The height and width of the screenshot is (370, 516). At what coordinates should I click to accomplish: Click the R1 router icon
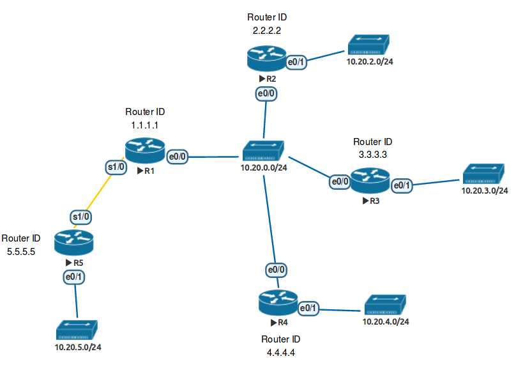pos(145,151)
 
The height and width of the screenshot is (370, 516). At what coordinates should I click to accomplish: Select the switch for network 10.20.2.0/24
pos(369,47)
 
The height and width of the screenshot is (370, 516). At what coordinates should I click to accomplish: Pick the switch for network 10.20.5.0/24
pos(77,330)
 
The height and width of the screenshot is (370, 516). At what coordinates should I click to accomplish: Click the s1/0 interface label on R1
pos(117,167)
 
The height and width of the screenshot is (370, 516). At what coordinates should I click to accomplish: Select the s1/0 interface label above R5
pos(80,217)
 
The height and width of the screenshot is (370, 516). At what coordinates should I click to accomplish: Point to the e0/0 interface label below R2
pos(266,94)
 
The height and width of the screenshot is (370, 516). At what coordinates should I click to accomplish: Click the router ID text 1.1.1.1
pos(144,125)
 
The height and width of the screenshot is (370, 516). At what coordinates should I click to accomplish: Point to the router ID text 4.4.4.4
pos(280,352)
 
